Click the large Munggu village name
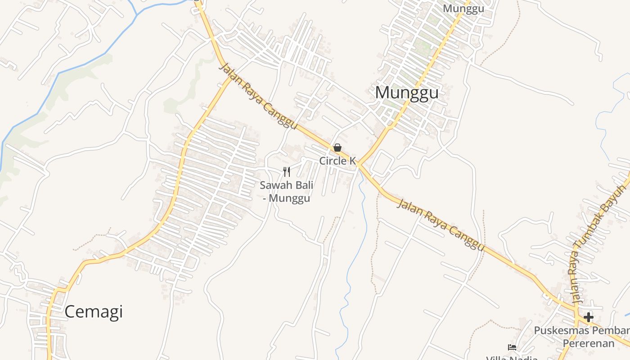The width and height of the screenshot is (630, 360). click(406, 93)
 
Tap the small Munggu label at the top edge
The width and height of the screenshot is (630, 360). click(463, 9)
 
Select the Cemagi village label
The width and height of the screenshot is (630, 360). click(94, 311)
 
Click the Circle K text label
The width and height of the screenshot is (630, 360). click(337, 161)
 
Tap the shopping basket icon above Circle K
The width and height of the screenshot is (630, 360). click(337, 148)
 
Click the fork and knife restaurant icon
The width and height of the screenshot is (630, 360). click(287, 171)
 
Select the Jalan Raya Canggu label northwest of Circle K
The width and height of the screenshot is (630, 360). click(258, 96)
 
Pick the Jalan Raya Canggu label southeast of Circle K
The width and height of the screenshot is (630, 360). click(441, 225)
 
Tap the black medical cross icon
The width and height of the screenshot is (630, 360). click(588, 317)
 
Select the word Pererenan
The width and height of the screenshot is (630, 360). click(588, 344)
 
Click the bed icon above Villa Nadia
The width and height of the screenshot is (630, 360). click(512, 347)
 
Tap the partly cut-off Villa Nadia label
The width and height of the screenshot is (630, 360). click(512, 358)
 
